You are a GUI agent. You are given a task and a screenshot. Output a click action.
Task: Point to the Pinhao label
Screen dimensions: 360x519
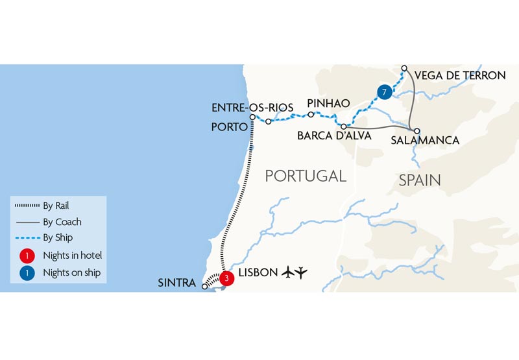coord(328,104)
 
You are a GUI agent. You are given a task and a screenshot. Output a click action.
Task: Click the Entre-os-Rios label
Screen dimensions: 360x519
coord(252,107)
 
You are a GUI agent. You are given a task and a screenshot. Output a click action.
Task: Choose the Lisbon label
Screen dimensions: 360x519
coord(258,272)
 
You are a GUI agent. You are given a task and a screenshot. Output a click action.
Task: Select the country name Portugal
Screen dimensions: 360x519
coord(306,175)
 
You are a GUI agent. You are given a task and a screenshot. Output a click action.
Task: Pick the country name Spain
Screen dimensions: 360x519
coord(420,180)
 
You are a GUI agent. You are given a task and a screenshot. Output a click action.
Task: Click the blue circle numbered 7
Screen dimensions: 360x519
coord(385,92)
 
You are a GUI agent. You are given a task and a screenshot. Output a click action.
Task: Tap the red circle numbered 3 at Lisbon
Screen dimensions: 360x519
coord(226,278)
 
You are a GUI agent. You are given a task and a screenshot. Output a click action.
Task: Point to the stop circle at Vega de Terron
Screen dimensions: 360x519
coord(404,68)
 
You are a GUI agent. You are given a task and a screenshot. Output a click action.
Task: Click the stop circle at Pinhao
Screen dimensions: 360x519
coord(311,115)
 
